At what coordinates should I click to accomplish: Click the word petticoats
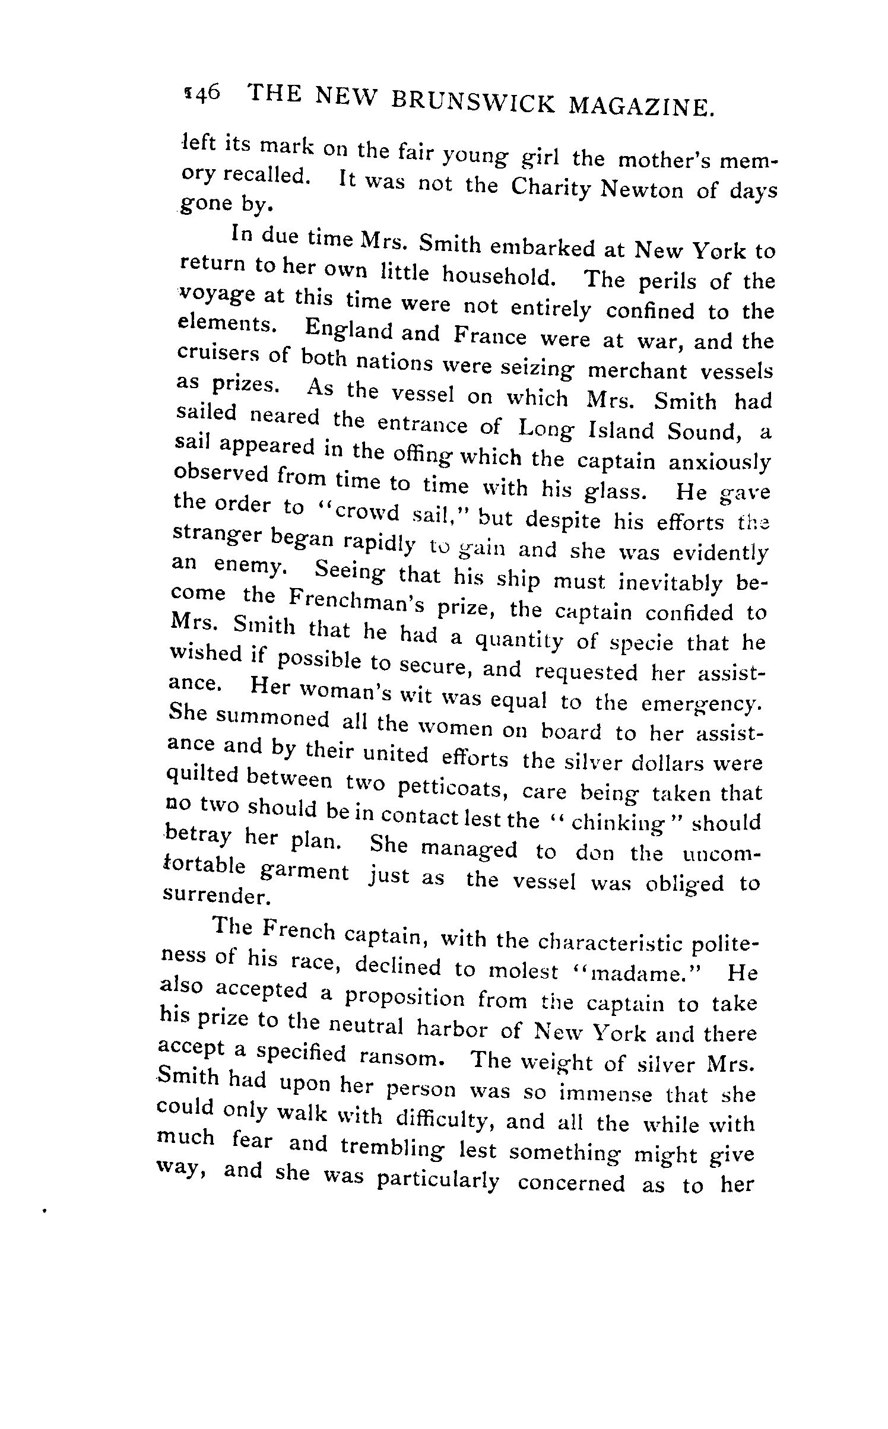(x=449, y=789)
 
